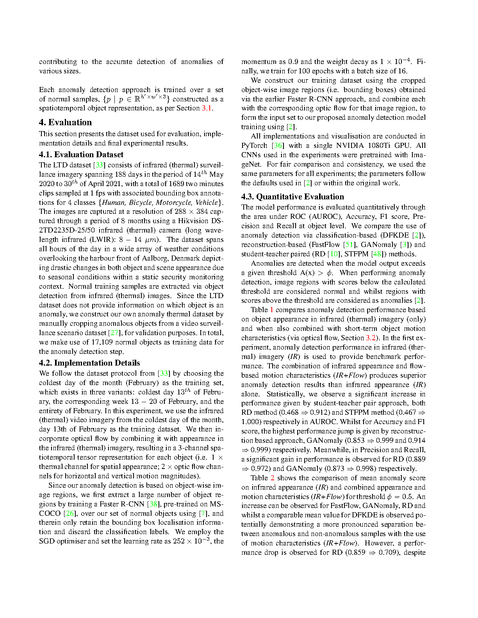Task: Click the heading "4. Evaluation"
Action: (65, 123)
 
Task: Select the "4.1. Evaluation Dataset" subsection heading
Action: (81, 154)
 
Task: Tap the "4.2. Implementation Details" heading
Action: (89, 363)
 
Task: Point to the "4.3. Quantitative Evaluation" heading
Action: (293, 197)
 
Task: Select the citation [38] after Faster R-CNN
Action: (153, 504)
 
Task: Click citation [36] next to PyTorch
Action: (278, 146)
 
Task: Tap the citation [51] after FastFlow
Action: (349, 245)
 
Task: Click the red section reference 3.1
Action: (207, 108)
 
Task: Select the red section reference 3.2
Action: (370, 338)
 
